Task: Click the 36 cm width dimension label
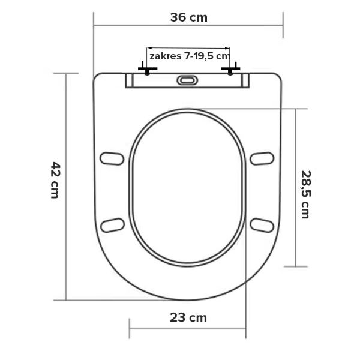click(189, 17)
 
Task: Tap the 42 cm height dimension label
click(55, 180)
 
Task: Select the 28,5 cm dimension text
click(306, 194)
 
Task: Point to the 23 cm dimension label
click(188, 318)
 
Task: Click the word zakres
click(166, 56)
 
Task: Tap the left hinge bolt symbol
click(148, 68)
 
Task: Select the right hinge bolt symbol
click(230, 68)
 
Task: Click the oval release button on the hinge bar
click(187, 80)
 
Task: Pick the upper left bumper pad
click(112, 158)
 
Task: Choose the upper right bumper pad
click(262, 158)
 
